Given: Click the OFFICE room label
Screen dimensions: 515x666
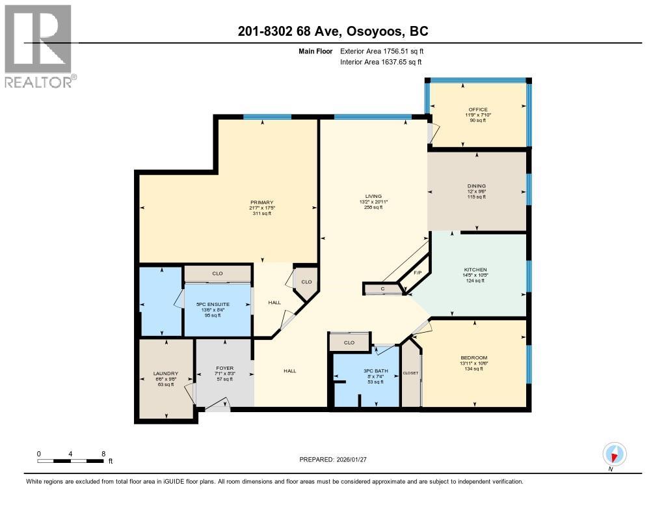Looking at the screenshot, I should [477, 109].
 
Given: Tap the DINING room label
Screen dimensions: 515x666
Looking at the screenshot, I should [476, 186].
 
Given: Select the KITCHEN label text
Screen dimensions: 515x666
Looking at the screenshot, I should [475, 270].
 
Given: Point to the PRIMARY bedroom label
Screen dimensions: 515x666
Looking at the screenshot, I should [262, 202].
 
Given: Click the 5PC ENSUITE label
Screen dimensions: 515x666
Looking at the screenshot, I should [217, 305].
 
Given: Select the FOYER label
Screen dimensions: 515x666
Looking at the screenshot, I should [224, 368].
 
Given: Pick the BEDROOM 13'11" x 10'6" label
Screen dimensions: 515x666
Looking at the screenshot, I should [473, 357].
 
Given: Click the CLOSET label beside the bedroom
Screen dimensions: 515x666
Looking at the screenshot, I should [410, 373].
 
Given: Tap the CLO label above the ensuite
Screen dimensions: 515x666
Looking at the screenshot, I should [217, 273].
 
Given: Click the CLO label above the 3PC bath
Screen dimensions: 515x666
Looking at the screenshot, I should [349, 342].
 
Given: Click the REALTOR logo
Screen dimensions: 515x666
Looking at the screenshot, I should [39, 46].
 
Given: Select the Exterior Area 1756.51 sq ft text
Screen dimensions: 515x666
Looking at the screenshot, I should [382, 51].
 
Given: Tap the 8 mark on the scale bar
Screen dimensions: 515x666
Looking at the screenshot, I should [103, 453].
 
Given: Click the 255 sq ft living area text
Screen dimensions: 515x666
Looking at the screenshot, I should [373, 208].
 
